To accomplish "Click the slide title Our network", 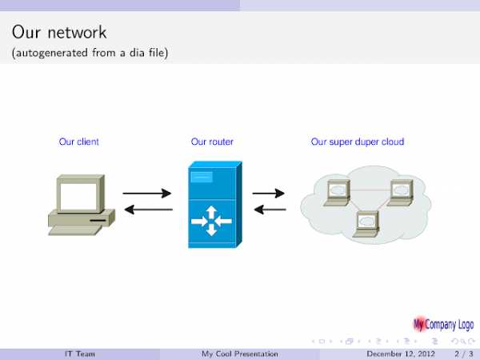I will (x=59, y=34).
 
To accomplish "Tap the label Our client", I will (x=79, y=142).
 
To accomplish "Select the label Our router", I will (x=212, y=142).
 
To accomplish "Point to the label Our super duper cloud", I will (x=357, y=142).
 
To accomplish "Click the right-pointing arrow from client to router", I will (x=147, y=194).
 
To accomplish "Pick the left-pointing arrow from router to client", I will (x=147, y=210).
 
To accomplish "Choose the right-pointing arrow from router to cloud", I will (x=269, y=194).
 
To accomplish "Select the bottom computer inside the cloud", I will (x=367, y=222).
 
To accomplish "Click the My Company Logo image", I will (x=442, y=325).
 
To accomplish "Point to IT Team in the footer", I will (x=80, y=353).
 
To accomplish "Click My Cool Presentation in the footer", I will (x=240, y=353).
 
